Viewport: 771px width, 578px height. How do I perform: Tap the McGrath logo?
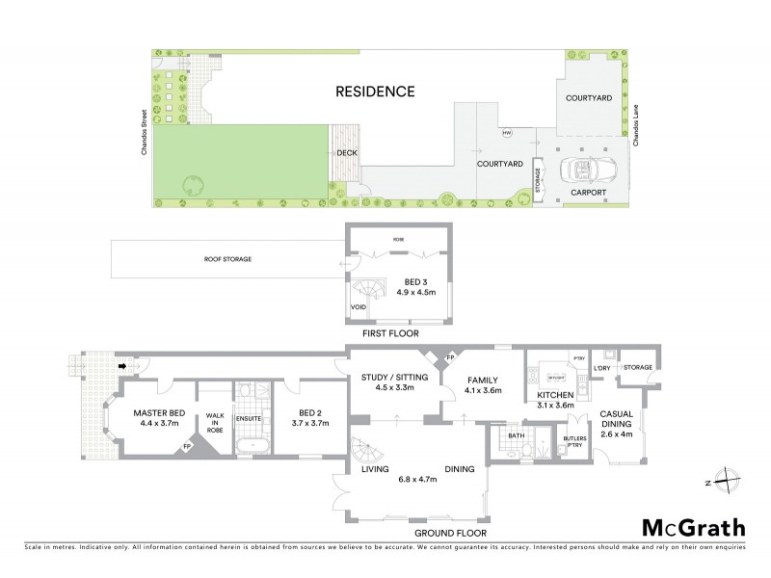coord(693,527)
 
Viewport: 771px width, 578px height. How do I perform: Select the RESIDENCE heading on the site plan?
coord(375,92)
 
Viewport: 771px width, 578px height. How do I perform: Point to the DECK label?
coord(346,153)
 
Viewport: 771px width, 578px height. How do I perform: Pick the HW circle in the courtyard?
coord(505,133)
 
